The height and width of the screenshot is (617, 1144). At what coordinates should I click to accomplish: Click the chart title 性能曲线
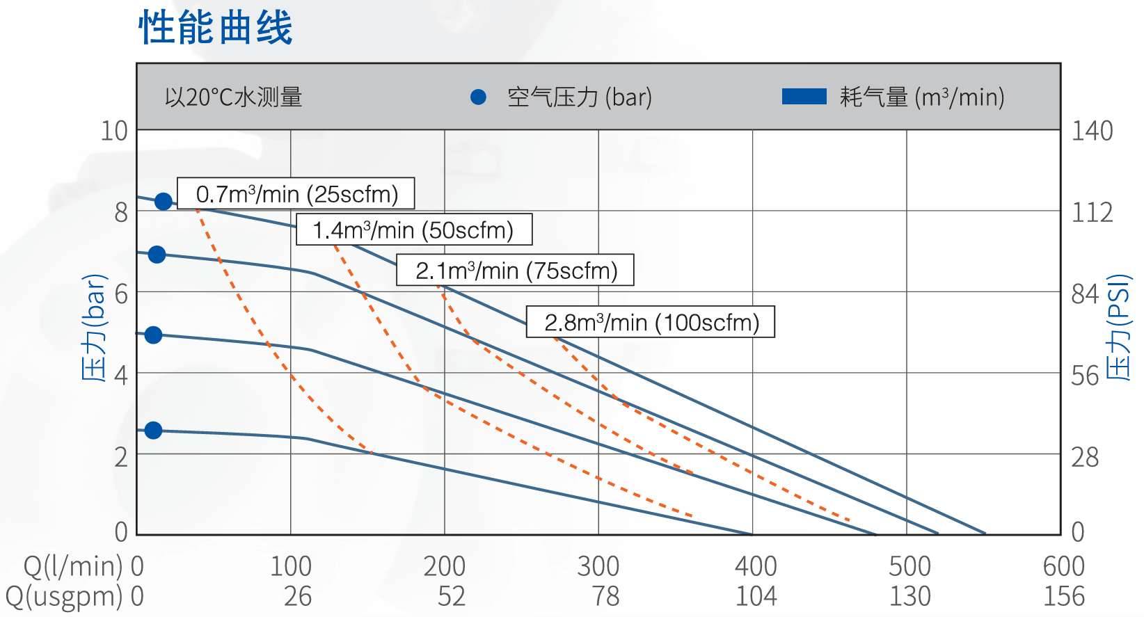tap(216, 28)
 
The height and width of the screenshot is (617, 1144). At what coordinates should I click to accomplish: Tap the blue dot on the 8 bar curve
tap(164, 202)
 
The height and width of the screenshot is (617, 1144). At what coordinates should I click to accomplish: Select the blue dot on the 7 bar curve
tap(157, 255)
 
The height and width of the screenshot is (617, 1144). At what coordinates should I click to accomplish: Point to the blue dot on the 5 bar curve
tap(154, 335)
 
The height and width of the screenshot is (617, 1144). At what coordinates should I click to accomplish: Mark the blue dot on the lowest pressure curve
tap(154, 431)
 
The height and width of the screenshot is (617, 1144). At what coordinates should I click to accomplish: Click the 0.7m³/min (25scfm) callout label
tap(296, 193)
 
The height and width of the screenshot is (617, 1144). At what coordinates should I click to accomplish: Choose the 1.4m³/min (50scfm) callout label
tap(414, 230)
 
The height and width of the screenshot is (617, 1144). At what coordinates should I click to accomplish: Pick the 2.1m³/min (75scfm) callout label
tap(516, 270)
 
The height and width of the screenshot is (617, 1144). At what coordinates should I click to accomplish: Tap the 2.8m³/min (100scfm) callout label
tap(651, 322)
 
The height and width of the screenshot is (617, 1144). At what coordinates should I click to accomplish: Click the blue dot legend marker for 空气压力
tap(478, 97)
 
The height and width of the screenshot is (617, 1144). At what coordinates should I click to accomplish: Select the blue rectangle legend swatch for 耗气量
tap(804, 97)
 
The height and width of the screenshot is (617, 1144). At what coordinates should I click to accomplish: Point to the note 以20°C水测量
tap(234, 97)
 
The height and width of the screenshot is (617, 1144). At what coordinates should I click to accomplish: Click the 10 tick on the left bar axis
tap(115, 131)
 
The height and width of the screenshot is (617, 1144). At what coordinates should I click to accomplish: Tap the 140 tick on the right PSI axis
tap(1092, 131)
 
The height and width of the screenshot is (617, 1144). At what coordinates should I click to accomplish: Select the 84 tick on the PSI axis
tap(1085, 294)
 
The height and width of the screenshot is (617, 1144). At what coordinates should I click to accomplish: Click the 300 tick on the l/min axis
tap(598, 566)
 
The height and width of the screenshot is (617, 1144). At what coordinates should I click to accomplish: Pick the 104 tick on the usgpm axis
tap(756, 596)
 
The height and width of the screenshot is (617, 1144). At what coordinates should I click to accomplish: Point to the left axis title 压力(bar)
tap(95, 328)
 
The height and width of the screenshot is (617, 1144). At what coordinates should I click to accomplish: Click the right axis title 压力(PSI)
tap(1118, 328)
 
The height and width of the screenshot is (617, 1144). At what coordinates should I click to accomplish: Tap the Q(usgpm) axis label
tap(65, 596)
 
